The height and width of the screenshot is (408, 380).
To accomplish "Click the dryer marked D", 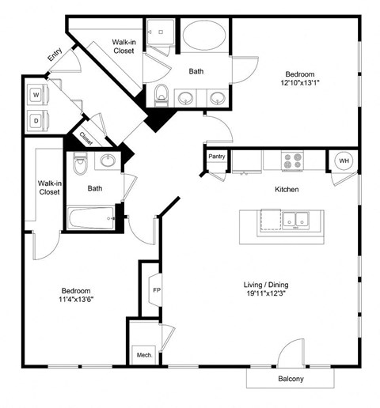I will point(35,121).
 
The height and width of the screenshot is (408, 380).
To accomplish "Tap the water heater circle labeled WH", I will point(344,161).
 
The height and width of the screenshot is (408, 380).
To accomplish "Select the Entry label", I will point(55,55).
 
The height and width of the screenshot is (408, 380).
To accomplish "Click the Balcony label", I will point(289,379).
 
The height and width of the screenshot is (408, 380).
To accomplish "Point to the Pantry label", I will point(217,157).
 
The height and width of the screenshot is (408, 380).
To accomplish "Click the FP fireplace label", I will point(156,289).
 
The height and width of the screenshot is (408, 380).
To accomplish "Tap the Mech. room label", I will point(142,355).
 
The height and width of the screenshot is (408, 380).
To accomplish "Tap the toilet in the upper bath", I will point(161,93).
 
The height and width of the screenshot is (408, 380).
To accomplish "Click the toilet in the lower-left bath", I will point(79,165).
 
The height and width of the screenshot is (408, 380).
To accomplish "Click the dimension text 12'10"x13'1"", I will point(301,81).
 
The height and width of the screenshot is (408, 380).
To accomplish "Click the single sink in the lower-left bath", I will point(108,161).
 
